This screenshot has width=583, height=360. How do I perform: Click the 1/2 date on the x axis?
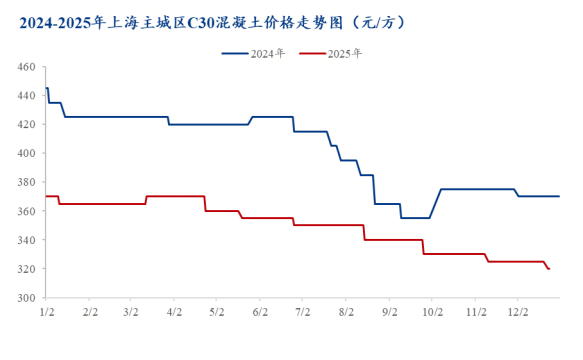coord(47,313)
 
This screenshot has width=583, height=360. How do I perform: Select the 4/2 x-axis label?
coord(174,313)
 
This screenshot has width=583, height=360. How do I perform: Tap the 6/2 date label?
coord(261,313)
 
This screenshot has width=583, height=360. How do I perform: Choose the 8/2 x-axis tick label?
coord(347,313)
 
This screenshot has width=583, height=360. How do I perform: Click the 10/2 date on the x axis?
coord(433,313)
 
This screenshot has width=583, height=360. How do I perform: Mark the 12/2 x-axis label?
coord(519,313)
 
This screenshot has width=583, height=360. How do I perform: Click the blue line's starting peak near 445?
coord(47,88)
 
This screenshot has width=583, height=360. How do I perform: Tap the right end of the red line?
coord(549,269)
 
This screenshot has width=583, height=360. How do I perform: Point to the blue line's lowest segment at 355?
coord(415,218)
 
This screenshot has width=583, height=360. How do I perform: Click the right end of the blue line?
coord(559,196)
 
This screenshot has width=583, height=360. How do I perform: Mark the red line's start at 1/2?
coord(47,196)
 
